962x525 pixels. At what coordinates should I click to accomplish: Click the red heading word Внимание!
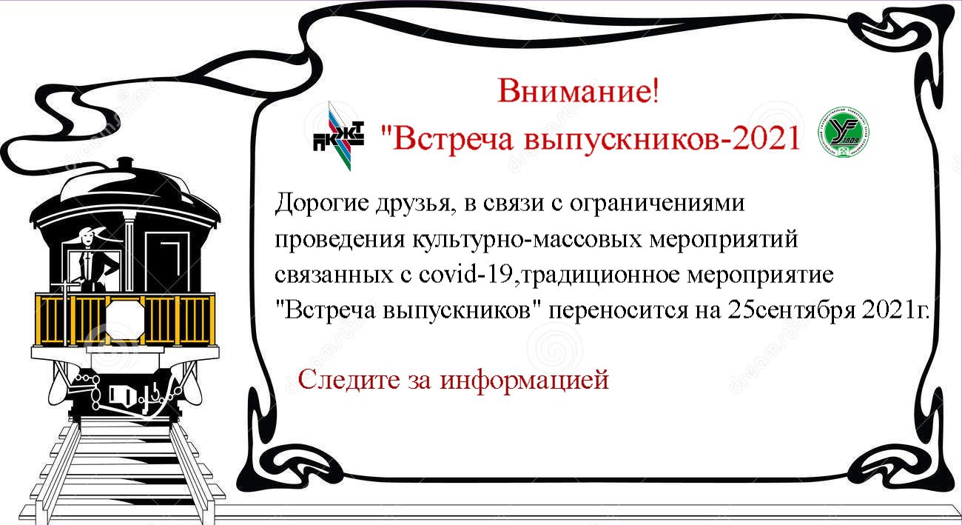578,90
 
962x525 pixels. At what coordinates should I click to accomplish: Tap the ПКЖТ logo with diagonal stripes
339,136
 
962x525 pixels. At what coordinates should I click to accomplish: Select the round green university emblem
843,132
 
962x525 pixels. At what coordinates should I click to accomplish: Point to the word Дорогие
321,203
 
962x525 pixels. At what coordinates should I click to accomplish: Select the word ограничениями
657,203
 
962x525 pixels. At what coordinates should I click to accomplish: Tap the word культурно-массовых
527,240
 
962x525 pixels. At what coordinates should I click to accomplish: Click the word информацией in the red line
525,380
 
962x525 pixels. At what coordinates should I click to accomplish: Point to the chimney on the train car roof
125,164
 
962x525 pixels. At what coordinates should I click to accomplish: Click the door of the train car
167,262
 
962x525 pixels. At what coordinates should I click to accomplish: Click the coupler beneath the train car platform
129,395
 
